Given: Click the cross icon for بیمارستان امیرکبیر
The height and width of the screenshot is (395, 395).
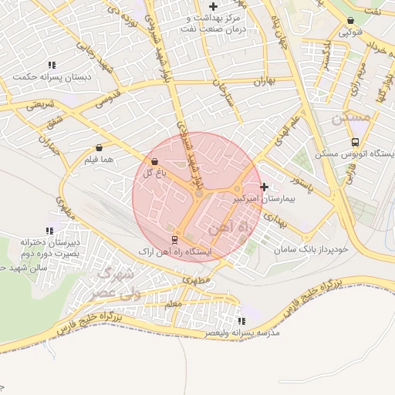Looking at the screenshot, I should tap(265, 187).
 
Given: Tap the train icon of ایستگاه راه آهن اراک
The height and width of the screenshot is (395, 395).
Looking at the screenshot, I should tap(174, 240).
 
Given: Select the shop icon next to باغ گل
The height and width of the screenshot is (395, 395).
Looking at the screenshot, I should tap(155, 162).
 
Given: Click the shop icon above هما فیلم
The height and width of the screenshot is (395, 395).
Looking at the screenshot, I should tap(99, 147).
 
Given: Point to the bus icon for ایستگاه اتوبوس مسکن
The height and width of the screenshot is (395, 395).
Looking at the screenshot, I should tap(355, 142).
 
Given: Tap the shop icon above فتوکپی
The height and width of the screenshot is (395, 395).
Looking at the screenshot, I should tap(351, 21).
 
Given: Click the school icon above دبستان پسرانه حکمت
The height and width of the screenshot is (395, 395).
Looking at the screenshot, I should tap(52, 66).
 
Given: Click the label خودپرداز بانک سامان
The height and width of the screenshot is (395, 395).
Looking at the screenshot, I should tap(312, 249).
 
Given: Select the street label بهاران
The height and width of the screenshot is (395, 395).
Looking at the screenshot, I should tap(264, 81).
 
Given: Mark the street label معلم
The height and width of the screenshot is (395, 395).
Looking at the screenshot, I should tap(173, 305).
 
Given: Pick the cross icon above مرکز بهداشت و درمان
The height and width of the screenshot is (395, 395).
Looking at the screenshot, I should tap(213, 6).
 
